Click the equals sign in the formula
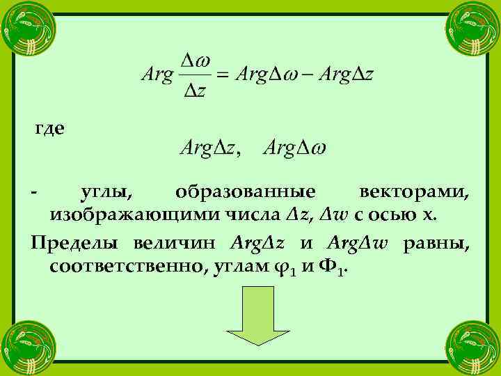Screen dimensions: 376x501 click(222, 75)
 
